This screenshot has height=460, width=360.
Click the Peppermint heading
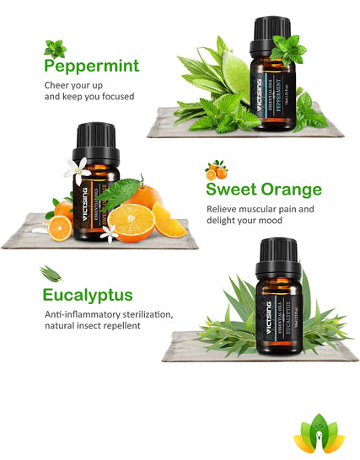[92, 67]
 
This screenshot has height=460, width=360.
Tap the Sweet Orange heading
[264, 189]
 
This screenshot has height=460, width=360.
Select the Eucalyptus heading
[89, 295]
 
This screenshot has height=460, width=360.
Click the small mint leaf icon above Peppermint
[56, 47]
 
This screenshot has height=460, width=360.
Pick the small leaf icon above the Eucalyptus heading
[53, 272]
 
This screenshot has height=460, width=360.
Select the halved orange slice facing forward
[131, 221]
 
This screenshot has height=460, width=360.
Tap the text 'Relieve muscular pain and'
[260, 208]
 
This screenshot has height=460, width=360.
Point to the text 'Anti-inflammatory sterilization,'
[109, 314]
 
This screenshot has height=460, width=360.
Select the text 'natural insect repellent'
[93, 325]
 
